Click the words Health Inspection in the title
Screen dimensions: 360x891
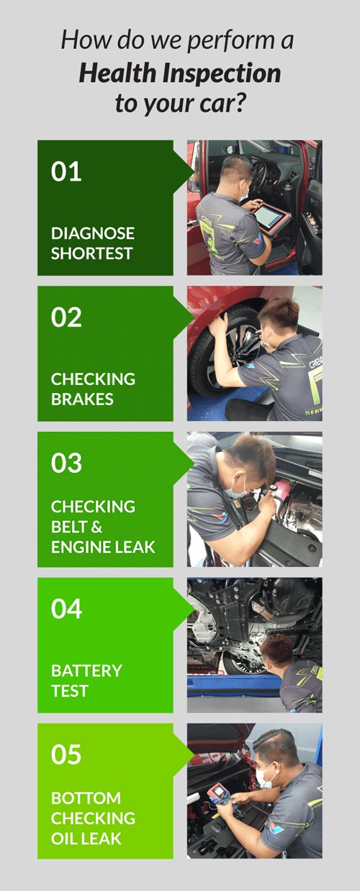[x=180, y=74]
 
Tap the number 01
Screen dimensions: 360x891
[x=66, y=171]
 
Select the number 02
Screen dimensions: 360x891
[x=66, y=317]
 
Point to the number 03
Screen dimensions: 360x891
[x=66, y=463]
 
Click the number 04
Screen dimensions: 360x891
[x=66, y=609]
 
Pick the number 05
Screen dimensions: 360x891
[x=66, y=754]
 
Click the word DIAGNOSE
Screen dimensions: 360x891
[x=93, y=233]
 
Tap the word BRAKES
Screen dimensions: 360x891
[x=82, y=399]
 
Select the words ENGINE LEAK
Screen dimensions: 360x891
[x=103, y=547]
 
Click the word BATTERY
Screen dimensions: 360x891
[x=86, y=671]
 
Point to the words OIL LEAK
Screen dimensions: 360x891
[x=86, y=838]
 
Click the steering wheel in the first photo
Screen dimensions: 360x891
[x=258, y=175]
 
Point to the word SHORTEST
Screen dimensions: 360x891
[x=92, y=253]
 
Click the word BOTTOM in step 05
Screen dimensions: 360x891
[x=86, y=798]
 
